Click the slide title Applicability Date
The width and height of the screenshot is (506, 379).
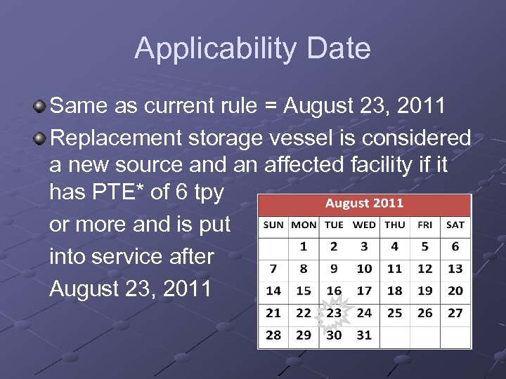252,48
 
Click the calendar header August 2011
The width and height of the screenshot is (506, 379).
364,204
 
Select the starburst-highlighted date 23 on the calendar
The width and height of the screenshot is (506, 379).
334,312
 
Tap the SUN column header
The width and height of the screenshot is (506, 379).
273,225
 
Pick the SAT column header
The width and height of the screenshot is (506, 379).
455,225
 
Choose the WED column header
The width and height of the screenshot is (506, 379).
364,225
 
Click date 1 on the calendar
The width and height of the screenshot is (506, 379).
304,246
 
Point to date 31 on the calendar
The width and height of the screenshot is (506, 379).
364,335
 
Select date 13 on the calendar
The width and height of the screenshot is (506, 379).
455,268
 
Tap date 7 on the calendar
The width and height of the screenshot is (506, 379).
273,268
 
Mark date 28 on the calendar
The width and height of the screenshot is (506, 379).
273,335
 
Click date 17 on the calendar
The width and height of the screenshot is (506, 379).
364,291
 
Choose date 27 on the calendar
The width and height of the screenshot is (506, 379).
455,312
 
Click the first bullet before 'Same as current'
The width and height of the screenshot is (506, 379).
40,107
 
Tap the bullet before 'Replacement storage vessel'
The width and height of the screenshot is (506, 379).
40,138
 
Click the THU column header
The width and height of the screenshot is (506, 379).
394,225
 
